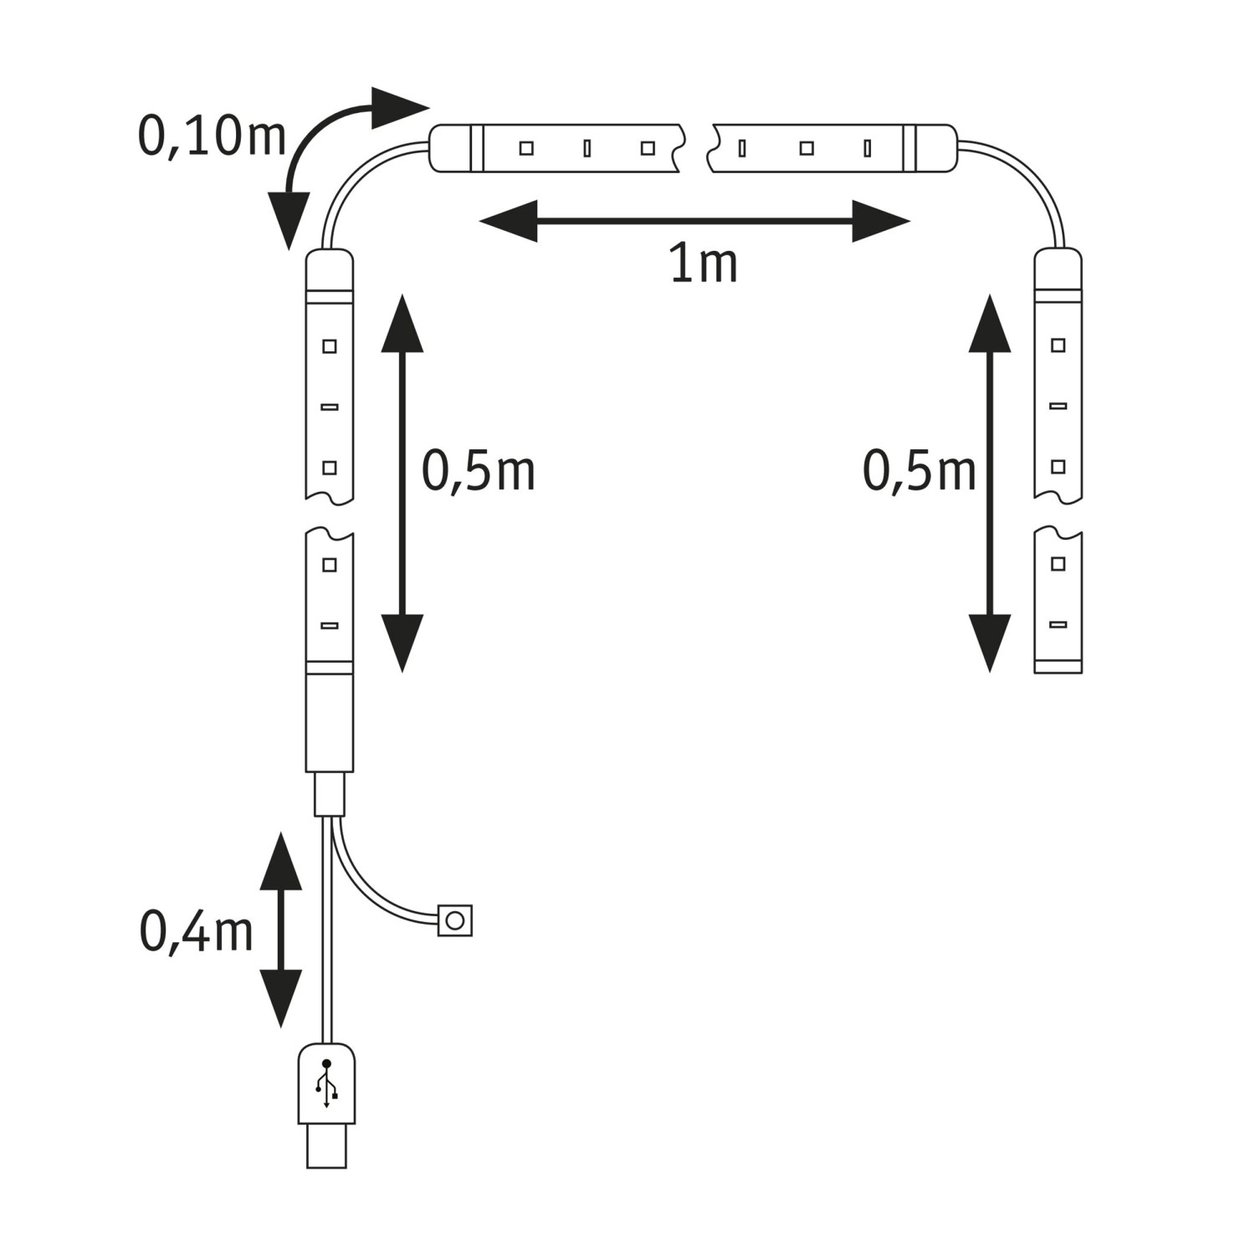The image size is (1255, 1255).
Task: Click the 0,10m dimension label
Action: click(x=212, y=136)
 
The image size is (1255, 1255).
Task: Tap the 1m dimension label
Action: click(x=704, y=264)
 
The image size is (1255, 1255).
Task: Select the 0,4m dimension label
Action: click(x=196, y=932)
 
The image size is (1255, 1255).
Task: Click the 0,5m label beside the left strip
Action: click(x=478, y=470)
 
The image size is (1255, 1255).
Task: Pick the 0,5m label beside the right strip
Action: click(x=919, y=470)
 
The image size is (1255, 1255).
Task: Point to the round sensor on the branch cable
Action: click(x=455, y=920)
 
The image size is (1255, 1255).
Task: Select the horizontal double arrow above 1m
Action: click(x=694, y=222)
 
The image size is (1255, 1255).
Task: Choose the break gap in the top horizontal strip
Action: click(x=697, y=149)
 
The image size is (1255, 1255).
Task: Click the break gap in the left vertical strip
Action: click(x=330, y=515)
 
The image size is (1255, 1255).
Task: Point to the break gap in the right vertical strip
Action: click(x=1058, y=515)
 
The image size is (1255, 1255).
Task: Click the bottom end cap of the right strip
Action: click(x=1058, y=667)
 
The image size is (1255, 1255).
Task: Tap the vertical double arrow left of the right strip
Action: click(x=990, y=484)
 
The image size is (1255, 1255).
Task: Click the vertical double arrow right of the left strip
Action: click(x=402, y=484)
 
